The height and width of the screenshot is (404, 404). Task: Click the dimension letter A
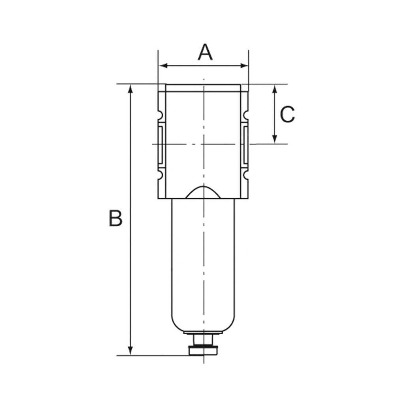tap(205, 52)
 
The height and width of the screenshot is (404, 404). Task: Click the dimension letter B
tap(116, 219)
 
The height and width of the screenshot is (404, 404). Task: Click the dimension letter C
tap(287, 115)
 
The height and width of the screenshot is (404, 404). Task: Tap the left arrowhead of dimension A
tap(162, 65)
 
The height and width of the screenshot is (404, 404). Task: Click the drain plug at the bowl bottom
tap(204, 349)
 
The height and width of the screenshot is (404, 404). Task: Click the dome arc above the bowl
tap(203, 191)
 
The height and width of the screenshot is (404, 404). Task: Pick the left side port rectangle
tap(161, 144)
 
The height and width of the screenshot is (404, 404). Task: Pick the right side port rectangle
tap(245, 144)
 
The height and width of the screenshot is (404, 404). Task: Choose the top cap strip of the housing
tap(203, 88)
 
